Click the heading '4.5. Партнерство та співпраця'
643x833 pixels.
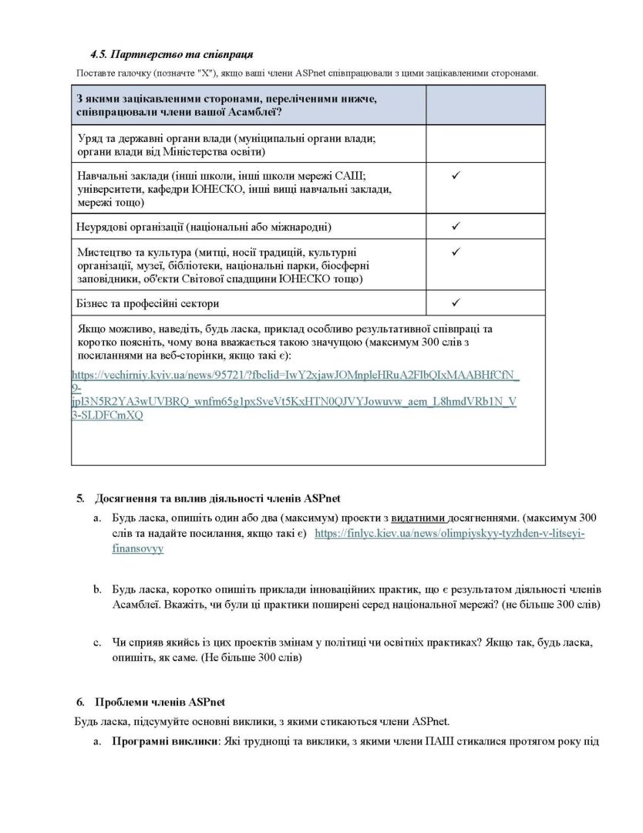click(172, 55)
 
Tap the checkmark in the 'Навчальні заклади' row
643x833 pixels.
click(456, 177)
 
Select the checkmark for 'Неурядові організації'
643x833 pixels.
click(456, 226)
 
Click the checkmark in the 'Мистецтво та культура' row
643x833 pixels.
click(456, 251)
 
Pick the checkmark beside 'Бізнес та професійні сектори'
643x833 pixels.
click(456, 302)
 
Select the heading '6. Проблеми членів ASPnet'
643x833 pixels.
click(150, 702)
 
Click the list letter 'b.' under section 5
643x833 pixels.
click(97, 589)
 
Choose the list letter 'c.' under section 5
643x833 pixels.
click(97, 642)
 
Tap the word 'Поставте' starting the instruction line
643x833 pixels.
click(95, 73)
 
